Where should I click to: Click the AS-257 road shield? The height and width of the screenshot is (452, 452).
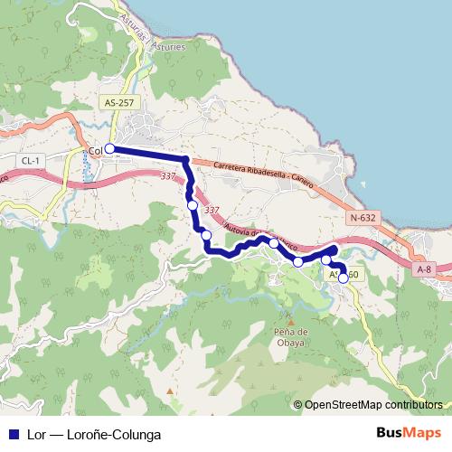pyautogui.click(x=119, y=103)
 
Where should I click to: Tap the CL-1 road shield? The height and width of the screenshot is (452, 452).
pyautogui.click(x=32, y=161)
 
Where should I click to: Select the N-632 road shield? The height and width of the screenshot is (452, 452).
pyautogui.click(x=363, y=217)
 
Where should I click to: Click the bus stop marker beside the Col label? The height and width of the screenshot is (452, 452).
pyautogui.click(x=109, y=149)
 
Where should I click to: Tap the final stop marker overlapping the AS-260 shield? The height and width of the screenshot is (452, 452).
pyautogui.click(x=344, y=278)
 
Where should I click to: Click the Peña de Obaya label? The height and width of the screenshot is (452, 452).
pyautogui.click(x=291, y=337)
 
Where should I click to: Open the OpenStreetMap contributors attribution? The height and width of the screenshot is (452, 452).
pyautogui.click(x=373, y=405)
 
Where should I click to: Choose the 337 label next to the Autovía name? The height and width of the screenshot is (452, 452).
pyautogui.click(x=211, y=211)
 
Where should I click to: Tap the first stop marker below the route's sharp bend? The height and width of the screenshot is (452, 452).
pyautogui.click(x=193, y=205)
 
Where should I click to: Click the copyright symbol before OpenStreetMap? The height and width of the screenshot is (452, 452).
pyautogui.click(x=298, y=405)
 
